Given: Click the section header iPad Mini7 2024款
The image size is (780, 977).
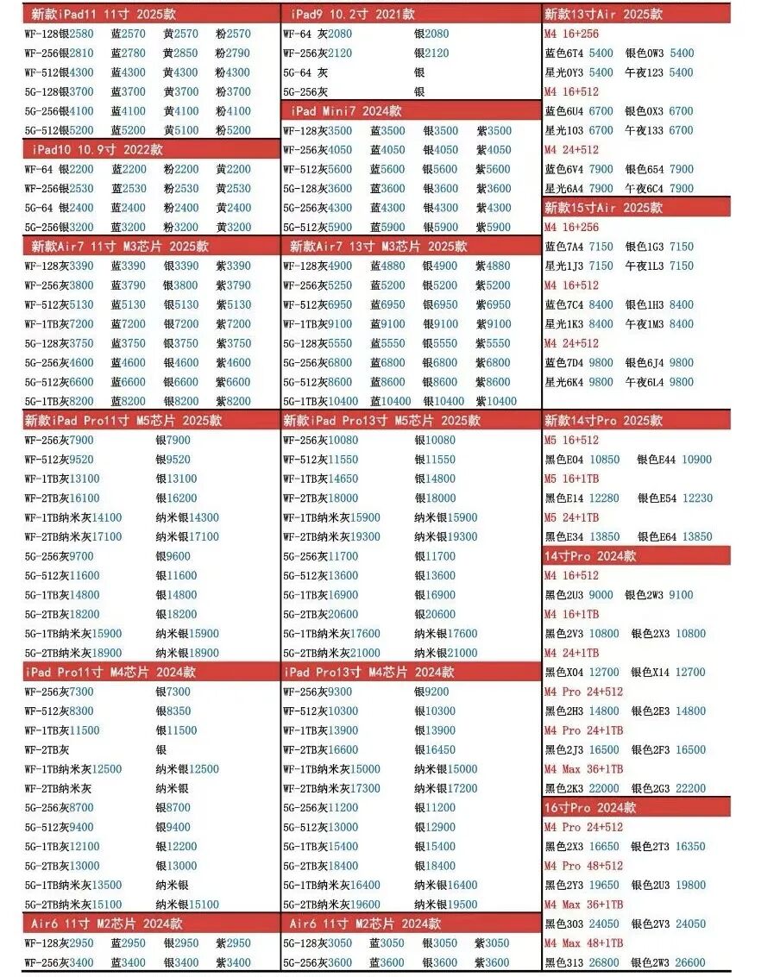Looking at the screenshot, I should pyautogui.click(x=346, y=111).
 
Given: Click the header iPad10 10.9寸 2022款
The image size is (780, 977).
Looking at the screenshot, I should pyautogui.click(x=97, y=150).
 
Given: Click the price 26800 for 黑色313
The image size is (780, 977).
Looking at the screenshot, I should pyautogui.click(x=604, y=963).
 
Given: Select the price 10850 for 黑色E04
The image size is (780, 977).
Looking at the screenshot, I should pyautogui.click(x=604, y=460).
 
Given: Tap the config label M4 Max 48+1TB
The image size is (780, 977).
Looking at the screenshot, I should pyautogui.click(x=583, y=943).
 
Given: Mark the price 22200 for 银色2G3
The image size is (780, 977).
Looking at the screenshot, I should pyautogui.click(x=689, y=789).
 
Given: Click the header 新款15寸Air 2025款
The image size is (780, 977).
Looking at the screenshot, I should pyautogui.click(x=602, y=208).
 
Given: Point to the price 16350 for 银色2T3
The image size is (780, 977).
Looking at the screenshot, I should pyautogui.click(x=689, y=847).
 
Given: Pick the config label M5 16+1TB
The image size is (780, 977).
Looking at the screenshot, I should pyautogui.click(x=571, y=479).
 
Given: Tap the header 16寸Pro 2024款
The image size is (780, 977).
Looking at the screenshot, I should pyautogui.click(x=590, y=808).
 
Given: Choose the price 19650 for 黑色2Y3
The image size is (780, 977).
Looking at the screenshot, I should pyautogui.click(x=604, y=886).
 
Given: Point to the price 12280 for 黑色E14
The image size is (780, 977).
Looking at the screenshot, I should pyautogui.click(x=604, y=498).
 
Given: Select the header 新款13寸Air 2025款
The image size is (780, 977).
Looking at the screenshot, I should pyautogui.click(x=602, y=14).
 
